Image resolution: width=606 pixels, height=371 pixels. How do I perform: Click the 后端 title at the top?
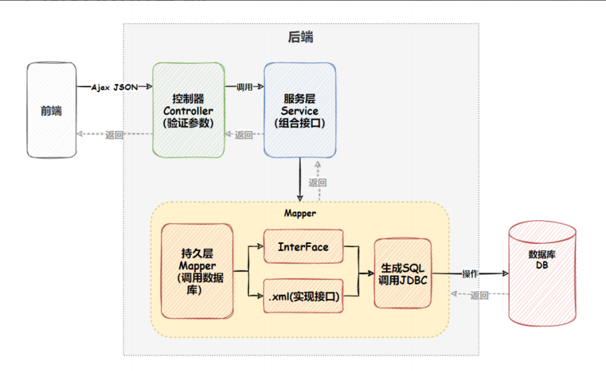pyautogui.click(x=300, y=37)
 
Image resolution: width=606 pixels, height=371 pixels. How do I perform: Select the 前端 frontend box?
pyautogui.click(x=51, y=111)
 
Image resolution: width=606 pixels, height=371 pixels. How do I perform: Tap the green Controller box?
pyautogui.click(x=188, y=110)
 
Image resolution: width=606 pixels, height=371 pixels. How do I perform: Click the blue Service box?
pyautogui.click(x=300, y=110)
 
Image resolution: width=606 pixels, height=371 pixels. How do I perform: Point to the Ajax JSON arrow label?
pyautogui.click(x=114, y=87)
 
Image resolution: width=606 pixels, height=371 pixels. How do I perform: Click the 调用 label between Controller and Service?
pyautogui.click(x=245, y=87)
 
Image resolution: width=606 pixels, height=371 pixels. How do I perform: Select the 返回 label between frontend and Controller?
pyautogui.click(x=114, y=135)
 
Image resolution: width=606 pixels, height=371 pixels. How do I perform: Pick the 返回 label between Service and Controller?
pyautogui.click(x=244, y=135)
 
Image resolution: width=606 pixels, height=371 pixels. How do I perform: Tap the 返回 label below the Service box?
pyautogui.click(x=317, y=183)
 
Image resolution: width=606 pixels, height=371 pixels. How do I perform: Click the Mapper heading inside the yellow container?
pyautogui.click(x=300, y=213)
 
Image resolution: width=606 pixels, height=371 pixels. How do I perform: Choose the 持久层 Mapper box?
pyautogui.click(x=197, y=271)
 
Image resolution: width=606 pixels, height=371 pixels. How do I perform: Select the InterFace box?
pyautogui.click(x=303, y=246)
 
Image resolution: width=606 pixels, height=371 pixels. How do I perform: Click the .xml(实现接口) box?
pyautogui.click(x=303, y=297)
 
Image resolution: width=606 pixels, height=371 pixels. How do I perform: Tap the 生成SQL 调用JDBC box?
pyautogui.click(x=403, y=273)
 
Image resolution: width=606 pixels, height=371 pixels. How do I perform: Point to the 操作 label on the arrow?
pyautogui.click(x=470, y=273)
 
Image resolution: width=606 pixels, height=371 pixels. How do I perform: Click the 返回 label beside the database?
pyautogui.click(x=479, y=295)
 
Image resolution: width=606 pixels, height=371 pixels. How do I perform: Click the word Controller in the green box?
pyautogui.click(x=188, y=111)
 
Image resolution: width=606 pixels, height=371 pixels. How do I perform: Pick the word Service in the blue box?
pyautogui.click(x=300, y=111)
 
